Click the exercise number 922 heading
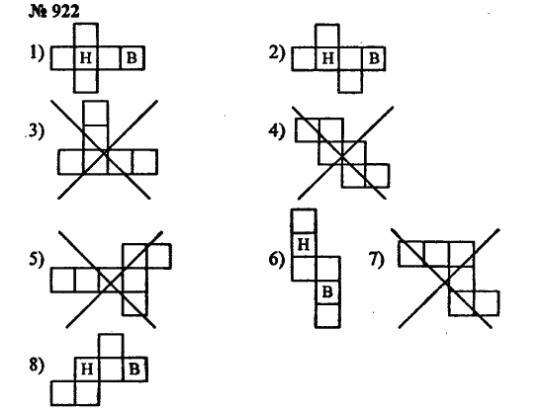tap(53, 12)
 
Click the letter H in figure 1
tap(86, 58)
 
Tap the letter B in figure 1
tap(132, 58)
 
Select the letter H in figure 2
tap(327, 58)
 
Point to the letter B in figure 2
tap(374, 58)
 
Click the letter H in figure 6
tap(304, 245)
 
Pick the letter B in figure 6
tap(327, 291)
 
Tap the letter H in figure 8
tap(87, 370)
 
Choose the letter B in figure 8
tap(135, 370)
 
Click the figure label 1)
tap(37, 52)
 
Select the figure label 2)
tap(277, 53)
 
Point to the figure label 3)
tap(37, 131)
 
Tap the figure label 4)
tap(277, 131)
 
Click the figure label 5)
tap(37, 259)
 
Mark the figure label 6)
tap(277, 259)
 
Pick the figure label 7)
tap(377, 259)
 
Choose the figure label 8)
tap(37, 366)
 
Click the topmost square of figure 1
tap(86, 35)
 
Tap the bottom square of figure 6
tap(327, 316)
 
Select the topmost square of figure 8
tap(111, 346)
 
